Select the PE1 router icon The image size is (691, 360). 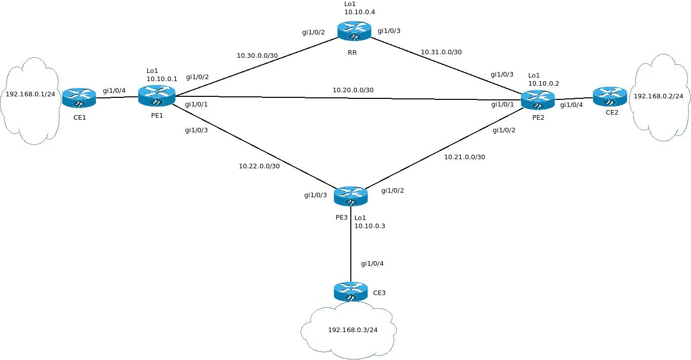tap(157, 96)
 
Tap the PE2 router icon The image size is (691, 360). tap(538, 100)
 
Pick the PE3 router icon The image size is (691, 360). tap(350, 196)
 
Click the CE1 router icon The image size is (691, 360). tap(79, 97)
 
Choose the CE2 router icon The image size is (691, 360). tap(610, 96)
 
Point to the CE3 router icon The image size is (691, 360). tap(350, 292)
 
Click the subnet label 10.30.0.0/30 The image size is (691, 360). tap(257, 55)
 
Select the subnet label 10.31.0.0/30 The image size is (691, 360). tap(441, 52)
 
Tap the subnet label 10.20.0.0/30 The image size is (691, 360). tap(353, 90)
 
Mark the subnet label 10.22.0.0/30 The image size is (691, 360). tap(259, 166)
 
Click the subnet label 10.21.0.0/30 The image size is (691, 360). tap(464, 157)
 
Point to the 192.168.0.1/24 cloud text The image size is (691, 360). tap(30, 94)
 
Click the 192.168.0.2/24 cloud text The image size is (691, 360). tap(659, 96)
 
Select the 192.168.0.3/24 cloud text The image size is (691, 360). tap(353, 330)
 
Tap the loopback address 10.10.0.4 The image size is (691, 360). tap(359, 11)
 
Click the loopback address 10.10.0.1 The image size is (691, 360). tap(162, 79)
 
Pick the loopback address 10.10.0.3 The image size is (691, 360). tap(370, 226)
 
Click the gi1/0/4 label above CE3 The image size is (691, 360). tap(372, 264)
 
